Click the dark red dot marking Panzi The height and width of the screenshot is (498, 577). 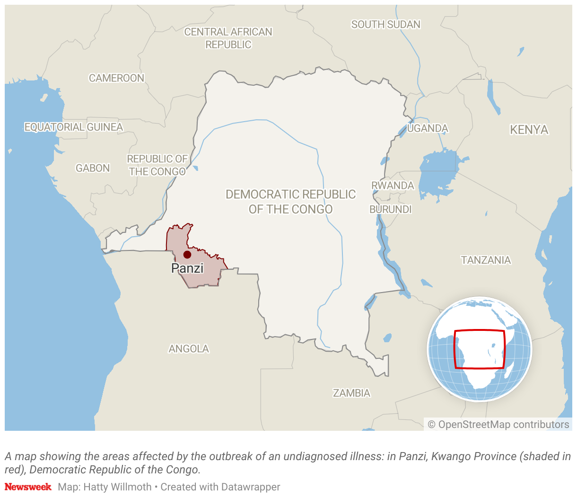(x=187, y=255)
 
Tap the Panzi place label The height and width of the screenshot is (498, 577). (x=187, y=268)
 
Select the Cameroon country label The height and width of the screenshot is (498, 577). (x=116, y=78)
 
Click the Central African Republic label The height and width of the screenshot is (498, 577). (x=228, y=38)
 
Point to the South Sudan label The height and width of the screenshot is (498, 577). (x=385, y=25)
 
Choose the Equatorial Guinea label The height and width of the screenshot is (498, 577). (x=73, y=127)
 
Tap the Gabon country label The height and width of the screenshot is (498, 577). (x=93, y=168)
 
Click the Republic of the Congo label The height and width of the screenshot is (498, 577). (x=157, y=165)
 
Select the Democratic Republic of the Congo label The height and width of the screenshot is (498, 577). (x=290, y=202)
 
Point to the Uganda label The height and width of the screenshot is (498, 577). (x=428, y=128)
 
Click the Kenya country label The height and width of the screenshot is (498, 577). (x=529, y=130)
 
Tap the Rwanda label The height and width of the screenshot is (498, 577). (x=393, y=186)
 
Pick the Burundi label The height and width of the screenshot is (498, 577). (x=391, y=209)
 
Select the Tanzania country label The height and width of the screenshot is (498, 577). (x=486, y=260)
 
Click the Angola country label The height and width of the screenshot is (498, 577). (x=189, y=349)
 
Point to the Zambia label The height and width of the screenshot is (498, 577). (x=351, y=393)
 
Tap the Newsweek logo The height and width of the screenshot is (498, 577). (x=28, y=487)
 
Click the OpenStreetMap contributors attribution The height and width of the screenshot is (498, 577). (x=498, y=425)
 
